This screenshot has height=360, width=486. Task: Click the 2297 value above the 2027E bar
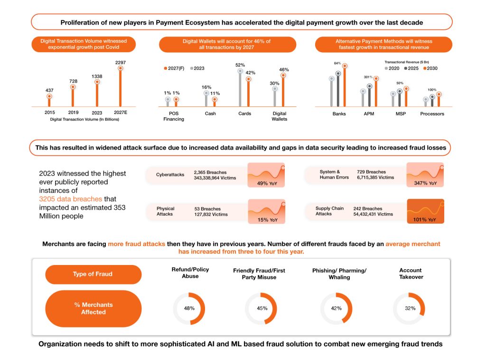pyautogui.click(x=121, y=62)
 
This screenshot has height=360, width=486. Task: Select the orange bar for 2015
pyautogui.click(x=49, y=101)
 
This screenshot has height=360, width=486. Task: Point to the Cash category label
pyautogui.click(x=210, y=114)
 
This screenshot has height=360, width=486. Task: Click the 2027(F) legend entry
pyautogui.click(x=174, y=68)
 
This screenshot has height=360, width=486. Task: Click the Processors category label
pyautogui.click(x=432, y=114)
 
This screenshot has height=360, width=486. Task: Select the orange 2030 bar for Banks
pyautogui.click(x=345, y=86)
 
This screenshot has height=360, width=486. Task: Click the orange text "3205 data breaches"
pyautogui.click(x=70, y=199)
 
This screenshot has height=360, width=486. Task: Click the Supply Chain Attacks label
pyautogui.click(x=329, y=211)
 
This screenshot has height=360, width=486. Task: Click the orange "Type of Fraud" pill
pyautogui.click(x=93, y=274)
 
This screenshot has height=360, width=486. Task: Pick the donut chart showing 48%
pyautogui.click(x=189, y=308)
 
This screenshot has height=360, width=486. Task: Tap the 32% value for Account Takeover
pyautogui.click(x=411, y=308)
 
